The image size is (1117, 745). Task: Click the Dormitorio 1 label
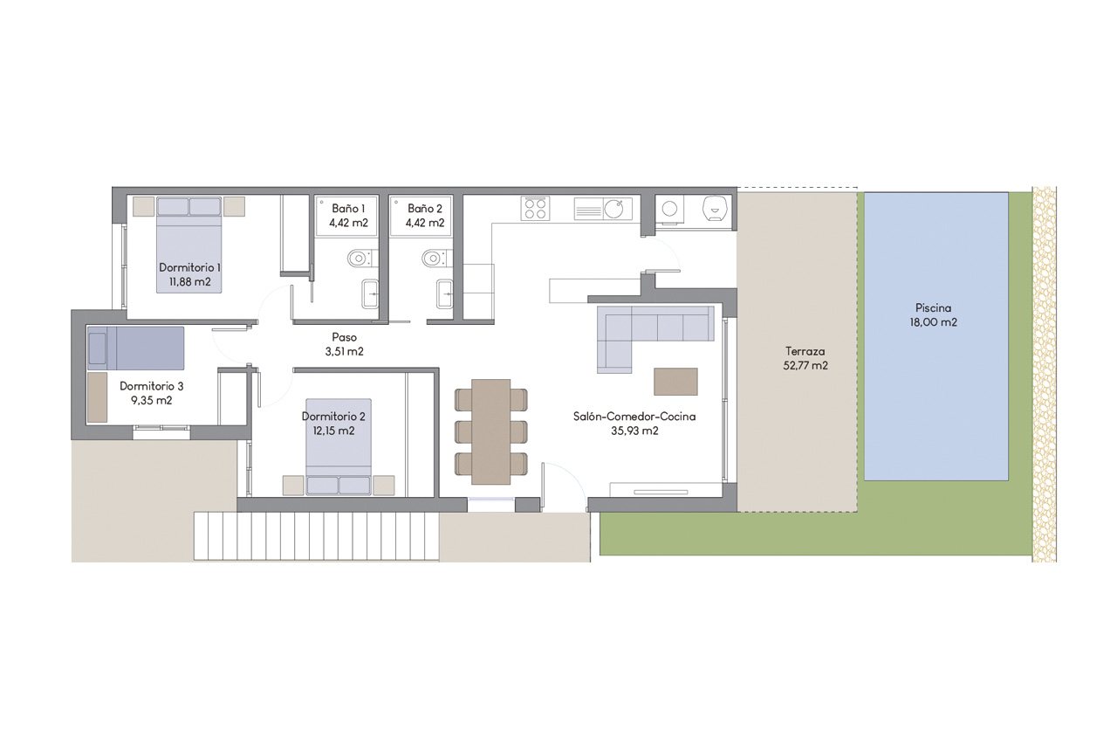coord(189,267)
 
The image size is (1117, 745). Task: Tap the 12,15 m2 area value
coord(328,431)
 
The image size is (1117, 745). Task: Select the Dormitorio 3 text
coord(152,385)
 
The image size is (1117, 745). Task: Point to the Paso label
coord(344,337)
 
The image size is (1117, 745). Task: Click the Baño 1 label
coord(348,209)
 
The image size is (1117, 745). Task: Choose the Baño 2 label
coord(425,209)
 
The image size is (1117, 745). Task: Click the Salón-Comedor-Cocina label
coord(634,417)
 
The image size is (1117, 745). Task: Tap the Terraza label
coord(805,351)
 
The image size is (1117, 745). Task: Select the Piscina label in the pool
coord(934,307)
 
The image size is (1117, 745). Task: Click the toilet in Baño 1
coord(359,258)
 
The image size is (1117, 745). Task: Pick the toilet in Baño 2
coord(432,258)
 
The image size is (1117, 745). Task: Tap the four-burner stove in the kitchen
coord(535,208)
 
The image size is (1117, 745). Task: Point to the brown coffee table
coord(675,382)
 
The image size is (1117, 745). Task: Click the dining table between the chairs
coord(490,431)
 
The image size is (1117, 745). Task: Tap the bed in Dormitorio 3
coord(135,348)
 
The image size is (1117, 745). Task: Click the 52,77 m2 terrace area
coord(805,366)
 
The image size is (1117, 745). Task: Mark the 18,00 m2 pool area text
coord(934,322)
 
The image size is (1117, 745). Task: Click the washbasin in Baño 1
coord(370,295)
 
